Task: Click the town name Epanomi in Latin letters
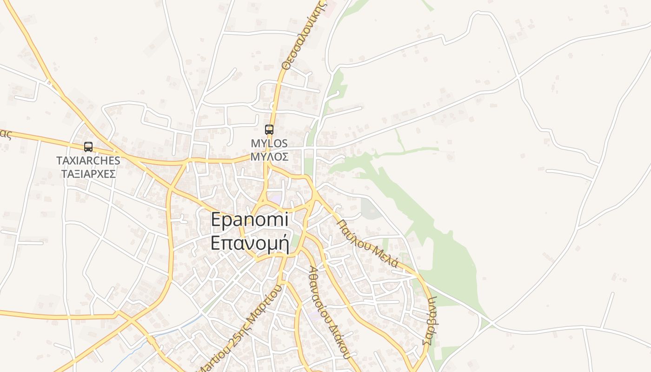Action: (x=250, y=219)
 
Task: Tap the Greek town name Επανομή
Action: (x=250, y=243)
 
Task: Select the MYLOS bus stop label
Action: (x=269, y=143)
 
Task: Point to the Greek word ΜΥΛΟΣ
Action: (x=269, y=157)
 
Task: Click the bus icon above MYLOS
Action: (x=269, y=130)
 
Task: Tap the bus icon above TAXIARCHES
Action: (x=88, y=147)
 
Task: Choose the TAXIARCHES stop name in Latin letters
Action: (x=88, y=160)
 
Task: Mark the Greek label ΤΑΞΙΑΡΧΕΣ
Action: (x=88, y=174)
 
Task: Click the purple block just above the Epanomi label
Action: (x=276, y=199)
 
